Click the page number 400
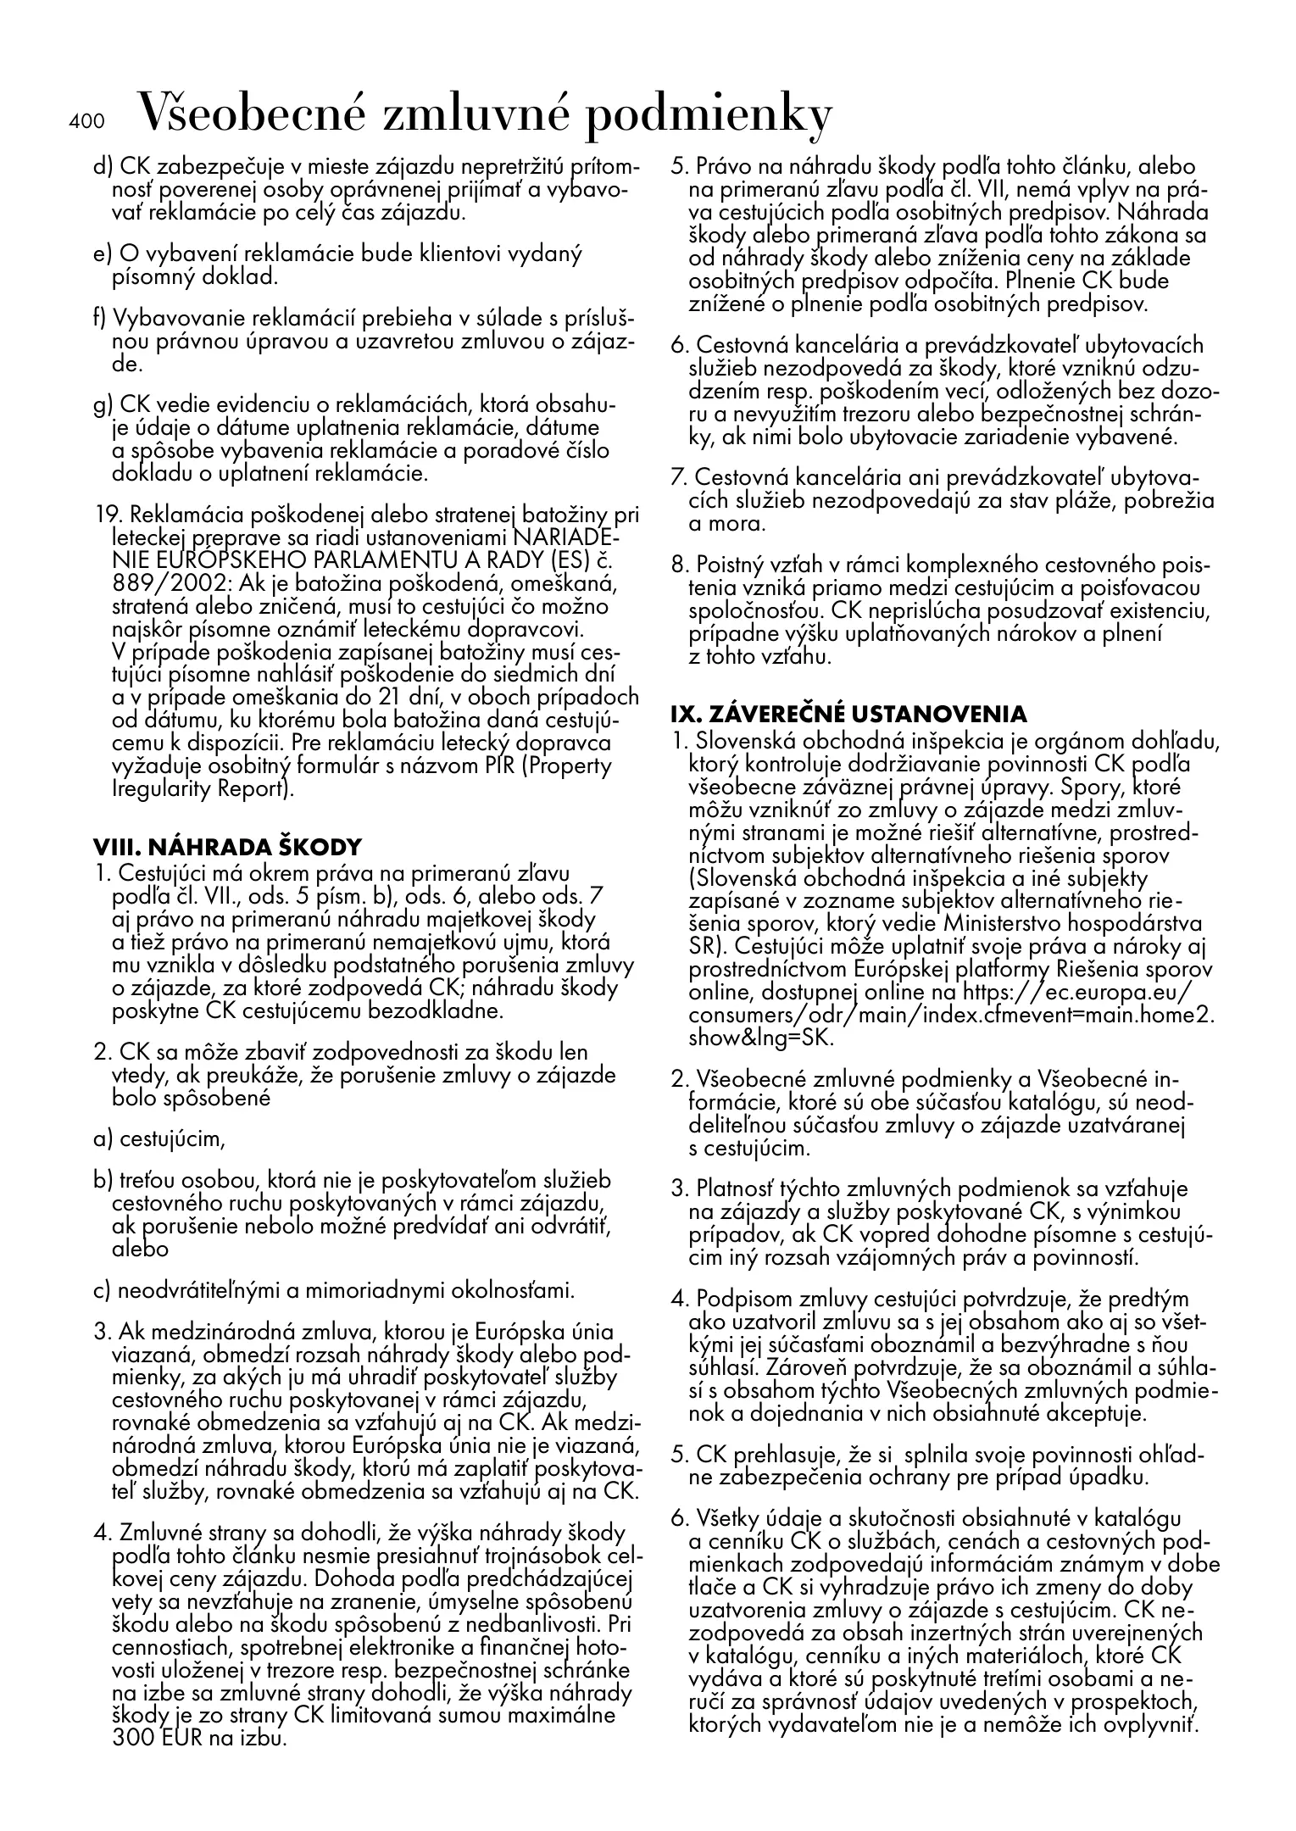tap(86, 121)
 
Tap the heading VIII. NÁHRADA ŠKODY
tap(227, 846)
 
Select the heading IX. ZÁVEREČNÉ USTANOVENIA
tap(848, 713)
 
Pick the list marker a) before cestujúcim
tap(103, 1138)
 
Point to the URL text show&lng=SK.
tap(762, 1037)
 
